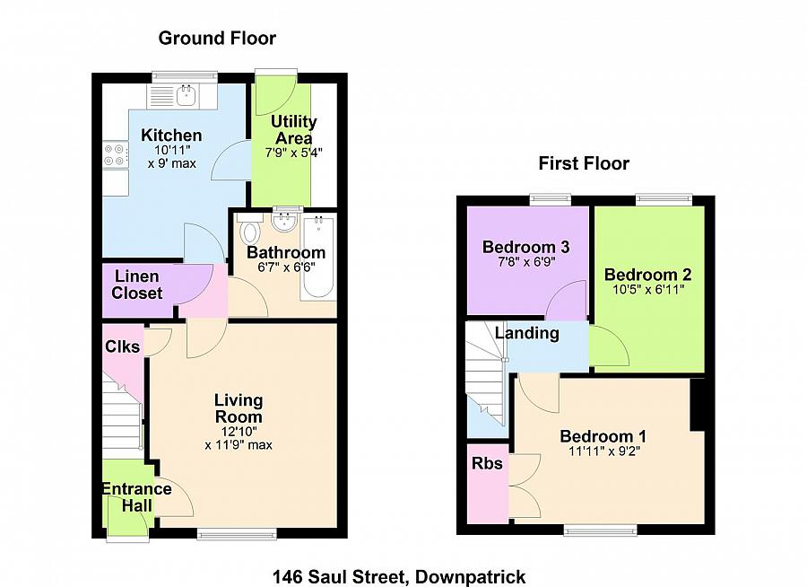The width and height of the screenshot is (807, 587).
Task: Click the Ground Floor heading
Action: (x=217, y=38)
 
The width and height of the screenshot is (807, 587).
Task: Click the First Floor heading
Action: (x=584, y=163)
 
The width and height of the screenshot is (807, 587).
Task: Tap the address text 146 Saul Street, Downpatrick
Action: (x=399, y=576)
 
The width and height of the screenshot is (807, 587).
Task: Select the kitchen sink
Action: (x=186, y=94)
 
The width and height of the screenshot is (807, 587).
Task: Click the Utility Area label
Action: (x=294, y=130)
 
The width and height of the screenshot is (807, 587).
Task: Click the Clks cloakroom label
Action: (x=122, y=346)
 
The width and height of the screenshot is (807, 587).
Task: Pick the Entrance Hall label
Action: (x=135, y=497)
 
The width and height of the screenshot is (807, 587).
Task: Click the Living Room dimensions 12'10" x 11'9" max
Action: (x=239, y=437)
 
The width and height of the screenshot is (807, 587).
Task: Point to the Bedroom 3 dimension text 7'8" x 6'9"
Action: (x=526, y=265)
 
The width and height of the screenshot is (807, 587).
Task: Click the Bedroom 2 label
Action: (x=647, y=275)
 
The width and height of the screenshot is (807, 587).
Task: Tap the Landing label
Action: (x=528, y=334)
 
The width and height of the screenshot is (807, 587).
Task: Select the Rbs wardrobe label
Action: (x=487, y=464)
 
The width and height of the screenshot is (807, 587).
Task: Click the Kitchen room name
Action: (x=171, y=136)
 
